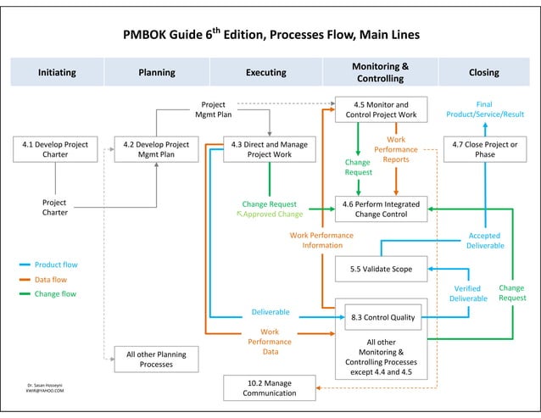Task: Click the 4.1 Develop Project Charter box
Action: (55, 149)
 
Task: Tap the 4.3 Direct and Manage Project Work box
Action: (269, 149)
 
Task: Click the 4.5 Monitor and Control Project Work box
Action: (382, 109)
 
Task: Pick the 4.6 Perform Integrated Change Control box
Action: (380, 209)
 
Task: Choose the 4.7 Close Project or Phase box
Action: (484, 149)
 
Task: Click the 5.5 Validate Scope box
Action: (381, 269)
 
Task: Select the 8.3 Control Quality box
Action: (382, 318)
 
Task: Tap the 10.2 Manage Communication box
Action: (269, 387)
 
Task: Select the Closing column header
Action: (484, 73)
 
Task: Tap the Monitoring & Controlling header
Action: (380, 73)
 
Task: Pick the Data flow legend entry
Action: (50, 280)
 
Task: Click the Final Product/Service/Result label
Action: (484, 109)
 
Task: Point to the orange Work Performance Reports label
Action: (395, 149)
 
